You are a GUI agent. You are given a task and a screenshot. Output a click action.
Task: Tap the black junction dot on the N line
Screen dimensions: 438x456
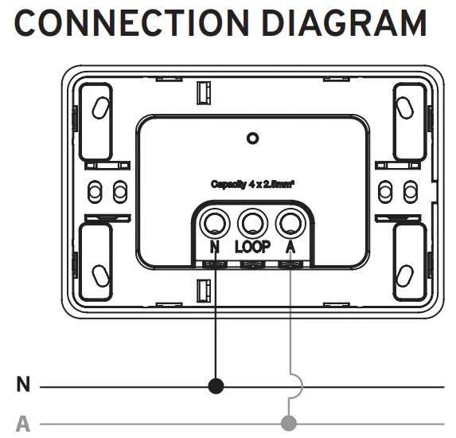click(215, 387)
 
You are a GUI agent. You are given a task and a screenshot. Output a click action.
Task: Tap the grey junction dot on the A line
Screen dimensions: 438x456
click(290, 421)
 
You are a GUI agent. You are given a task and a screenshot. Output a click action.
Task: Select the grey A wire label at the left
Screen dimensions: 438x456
click(23, 422)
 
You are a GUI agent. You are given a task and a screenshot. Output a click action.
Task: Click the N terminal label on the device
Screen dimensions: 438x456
click(215, 246)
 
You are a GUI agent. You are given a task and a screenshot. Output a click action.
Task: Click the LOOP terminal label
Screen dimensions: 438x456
click(252, 246)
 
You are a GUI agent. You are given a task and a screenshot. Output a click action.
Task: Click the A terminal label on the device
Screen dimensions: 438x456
click(290, 246)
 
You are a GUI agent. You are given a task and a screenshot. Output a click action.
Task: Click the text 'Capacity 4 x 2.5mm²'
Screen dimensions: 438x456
click(253, 184)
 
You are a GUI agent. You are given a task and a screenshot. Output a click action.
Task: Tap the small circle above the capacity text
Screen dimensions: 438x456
click(253, 139)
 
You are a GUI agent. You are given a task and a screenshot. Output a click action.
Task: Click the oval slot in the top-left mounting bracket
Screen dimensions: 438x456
click(101, 109)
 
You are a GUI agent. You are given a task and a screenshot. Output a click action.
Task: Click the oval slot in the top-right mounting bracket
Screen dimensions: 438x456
click(405, 109)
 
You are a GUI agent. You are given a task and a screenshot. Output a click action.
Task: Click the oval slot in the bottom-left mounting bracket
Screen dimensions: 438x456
click(101, 275)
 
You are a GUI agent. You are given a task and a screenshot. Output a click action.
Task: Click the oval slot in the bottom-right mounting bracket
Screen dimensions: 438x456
click(405, 275)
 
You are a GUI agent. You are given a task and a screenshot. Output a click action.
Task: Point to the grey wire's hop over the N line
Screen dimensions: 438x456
click(295, 387)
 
